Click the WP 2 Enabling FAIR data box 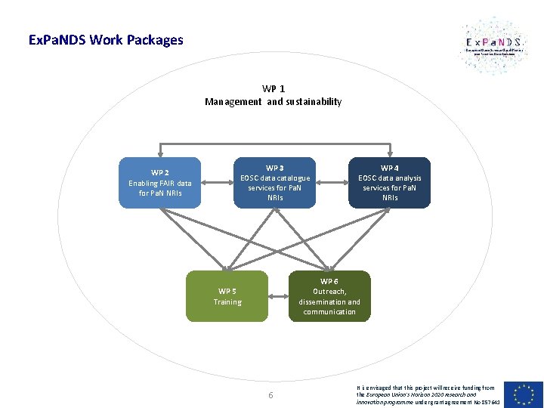coord(160,182)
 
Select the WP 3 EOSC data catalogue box coord(275,182)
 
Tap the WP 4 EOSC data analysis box coord(389,182)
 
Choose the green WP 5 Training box coord(227,296)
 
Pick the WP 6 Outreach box coord(329,296)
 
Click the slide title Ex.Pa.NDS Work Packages coord(105,39)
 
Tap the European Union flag coord(527,394)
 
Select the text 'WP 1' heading coord(274,88)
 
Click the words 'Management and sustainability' coord(274,101)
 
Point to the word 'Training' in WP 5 coord(227,301)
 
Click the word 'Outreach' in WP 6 coord(329,291)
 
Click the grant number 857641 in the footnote coord(488,401)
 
